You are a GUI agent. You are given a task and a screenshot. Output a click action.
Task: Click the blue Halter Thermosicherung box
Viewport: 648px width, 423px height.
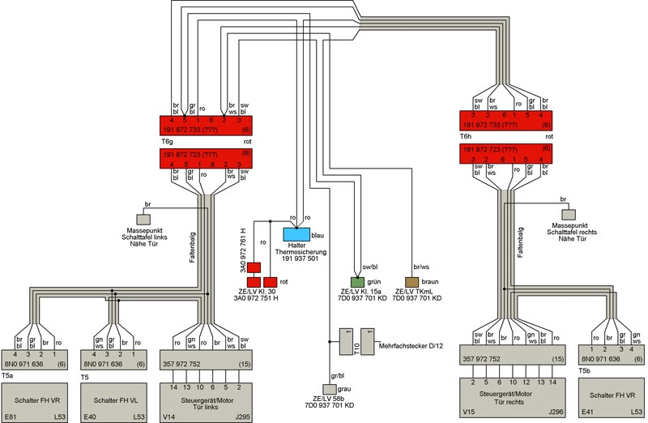click(296, 234)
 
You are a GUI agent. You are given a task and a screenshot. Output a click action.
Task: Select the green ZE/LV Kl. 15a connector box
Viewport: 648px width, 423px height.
click(357, 282)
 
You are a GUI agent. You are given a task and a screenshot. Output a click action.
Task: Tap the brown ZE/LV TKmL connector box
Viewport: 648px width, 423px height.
click(411, 282)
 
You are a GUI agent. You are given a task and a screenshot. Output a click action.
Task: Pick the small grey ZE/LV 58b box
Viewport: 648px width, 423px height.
click(330, 389)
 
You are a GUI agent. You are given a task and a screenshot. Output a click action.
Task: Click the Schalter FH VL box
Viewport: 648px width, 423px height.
click(113, 402)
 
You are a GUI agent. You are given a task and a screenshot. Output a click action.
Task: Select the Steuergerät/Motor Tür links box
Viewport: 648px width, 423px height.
click(206, 402)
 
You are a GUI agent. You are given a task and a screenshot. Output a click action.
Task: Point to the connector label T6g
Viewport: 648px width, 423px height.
click(167, 142)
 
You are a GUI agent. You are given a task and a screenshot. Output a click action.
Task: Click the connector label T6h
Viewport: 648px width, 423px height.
click(466, 136)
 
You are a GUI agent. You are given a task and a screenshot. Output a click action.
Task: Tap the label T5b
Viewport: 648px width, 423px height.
click(584, 371)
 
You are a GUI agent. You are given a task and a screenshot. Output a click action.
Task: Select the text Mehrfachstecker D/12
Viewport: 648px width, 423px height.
click(411, 346)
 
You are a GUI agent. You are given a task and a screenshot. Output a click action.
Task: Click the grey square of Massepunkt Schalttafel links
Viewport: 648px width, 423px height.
click(143, 219)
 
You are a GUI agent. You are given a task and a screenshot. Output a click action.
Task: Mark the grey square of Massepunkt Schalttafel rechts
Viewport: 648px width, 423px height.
click(569, 215)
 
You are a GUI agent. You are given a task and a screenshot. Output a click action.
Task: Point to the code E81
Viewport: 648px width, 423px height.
click(11, 417)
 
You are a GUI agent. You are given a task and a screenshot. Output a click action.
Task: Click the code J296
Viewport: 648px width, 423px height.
click(556, 412)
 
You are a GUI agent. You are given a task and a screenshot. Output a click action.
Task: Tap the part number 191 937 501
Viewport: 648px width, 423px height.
click(300, 258)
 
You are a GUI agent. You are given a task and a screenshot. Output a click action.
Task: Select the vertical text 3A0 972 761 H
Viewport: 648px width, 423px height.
click(244, 250)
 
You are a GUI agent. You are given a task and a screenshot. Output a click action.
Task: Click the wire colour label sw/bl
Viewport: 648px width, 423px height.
click(370, 267)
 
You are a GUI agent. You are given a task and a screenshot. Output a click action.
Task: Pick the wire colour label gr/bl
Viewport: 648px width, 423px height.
click(338, 376)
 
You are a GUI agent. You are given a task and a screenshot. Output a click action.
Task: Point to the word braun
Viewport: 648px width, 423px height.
click(430, 282)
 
